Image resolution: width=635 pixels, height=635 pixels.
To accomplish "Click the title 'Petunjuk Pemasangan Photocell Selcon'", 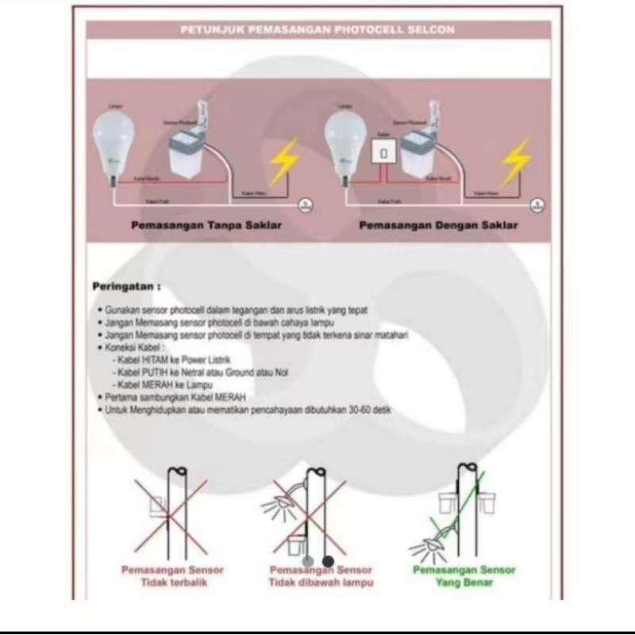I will [x=317, y=30].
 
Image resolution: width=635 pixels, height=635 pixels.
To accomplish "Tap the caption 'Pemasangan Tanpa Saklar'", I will [x=206, y=225].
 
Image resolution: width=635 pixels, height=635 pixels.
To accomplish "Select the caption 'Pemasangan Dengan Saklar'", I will [x=438, y=225].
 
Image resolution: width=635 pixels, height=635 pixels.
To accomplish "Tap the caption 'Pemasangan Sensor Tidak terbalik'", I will [x=172, y=576].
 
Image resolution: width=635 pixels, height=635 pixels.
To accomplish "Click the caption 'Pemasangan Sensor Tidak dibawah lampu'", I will [x=321, y=576].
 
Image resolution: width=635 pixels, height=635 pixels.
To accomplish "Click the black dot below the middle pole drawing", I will [x=328, y=561].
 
